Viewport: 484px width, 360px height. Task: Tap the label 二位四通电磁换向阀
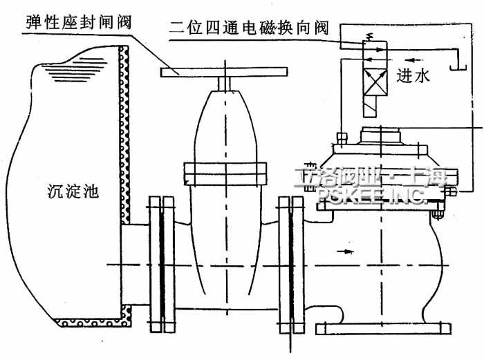[x=252, y=29]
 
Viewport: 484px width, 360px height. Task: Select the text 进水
[x=414, y=76]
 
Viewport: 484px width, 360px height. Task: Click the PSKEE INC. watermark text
[x=372, y=196]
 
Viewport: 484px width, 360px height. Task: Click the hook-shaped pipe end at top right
[x=456, y=63]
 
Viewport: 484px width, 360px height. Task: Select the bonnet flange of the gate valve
[x=224, y=169]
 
